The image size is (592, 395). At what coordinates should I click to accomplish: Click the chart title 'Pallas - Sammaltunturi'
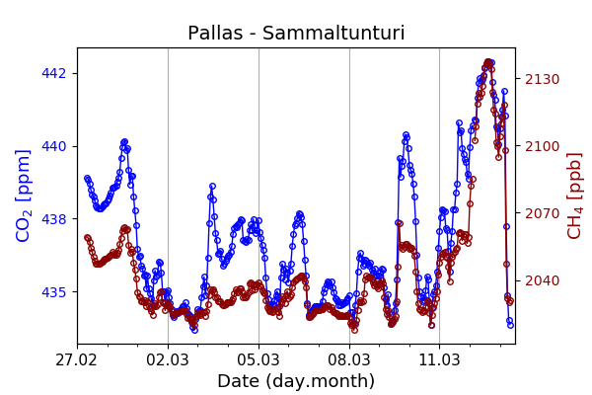pos(296,34)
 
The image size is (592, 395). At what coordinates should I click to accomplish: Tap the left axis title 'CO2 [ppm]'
pos(25,195)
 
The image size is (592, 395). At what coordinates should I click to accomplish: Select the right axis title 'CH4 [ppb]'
pos(574,195)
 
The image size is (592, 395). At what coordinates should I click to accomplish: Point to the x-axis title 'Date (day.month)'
pos(296,381)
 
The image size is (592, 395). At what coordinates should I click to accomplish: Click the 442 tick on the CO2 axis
pos(54,73)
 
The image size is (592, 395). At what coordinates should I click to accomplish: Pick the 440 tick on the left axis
pos(54,146)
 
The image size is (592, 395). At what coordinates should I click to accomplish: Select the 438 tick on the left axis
pos(54,219)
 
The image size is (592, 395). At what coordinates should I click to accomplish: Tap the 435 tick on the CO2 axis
pos(54,292)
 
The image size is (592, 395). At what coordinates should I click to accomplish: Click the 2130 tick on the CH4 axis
pos(542,79)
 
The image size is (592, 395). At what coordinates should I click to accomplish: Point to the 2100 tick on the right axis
pos(542,146)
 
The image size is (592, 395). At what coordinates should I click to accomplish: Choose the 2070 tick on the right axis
pos(542,213)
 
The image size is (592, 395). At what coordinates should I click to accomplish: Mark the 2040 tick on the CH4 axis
pos(542,280)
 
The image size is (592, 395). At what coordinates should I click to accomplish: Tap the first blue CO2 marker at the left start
pos(87,179)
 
